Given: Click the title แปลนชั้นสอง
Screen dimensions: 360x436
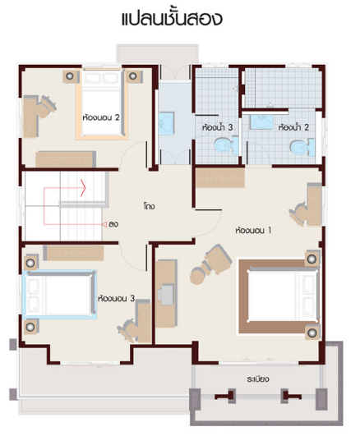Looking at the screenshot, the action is pyautogui.click(x=172, y=18).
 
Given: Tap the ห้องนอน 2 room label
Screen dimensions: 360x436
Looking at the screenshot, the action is pyautogui.click(x=101, y=117).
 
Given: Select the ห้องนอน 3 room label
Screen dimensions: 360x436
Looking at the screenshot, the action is pyautogui.click(x=117, y=298).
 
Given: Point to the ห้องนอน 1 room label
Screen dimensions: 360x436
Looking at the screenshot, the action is pyautogui.click(x=253, y=230).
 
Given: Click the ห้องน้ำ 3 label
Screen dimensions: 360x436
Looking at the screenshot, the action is pyautogui.click(x=217, y=127).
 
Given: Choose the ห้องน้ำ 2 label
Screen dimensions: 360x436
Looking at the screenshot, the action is pyautogui.click(x=293, y=127).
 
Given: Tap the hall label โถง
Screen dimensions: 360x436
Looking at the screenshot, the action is pyautogui.click(x=150, y=206).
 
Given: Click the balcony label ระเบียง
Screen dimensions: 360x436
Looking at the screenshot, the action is pyautogui.click(x=258, y=379).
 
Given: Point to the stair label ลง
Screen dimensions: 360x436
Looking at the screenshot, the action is pyautogui.click(x=113, y=224).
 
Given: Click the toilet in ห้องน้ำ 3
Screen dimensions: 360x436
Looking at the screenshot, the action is pyautogui.click(x=226, y=145).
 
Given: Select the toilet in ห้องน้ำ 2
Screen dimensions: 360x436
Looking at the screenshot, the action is pyautogui.click(x=302, y=146).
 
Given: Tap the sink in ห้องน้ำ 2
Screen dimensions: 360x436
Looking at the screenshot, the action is pyautogui.click(x=262, y=122).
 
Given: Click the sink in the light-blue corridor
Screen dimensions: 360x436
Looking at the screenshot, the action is pyautogui.click(x=167, y=122).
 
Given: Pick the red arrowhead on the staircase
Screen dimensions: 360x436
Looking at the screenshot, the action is pyautogui.click(x=83, y=188).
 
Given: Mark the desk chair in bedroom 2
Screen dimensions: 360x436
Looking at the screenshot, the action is pyautogui.click(x=44, y=107).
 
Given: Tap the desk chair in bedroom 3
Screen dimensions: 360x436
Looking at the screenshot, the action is pyautogui.click(x=127, y=328).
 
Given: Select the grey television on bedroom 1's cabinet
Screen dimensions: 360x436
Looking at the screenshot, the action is pyautogui.click(x=166, y=294).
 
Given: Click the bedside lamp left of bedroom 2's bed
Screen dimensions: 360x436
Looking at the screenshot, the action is pyautogui.click(x=70, y=76).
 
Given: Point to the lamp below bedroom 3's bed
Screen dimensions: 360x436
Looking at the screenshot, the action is pyautogui.click(x=30, y=327).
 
